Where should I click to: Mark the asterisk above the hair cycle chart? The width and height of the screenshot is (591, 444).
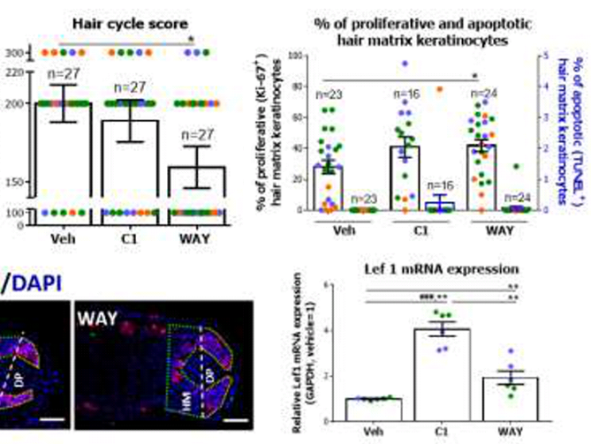point(193,40)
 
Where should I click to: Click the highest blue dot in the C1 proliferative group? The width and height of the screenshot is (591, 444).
point(405,64)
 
